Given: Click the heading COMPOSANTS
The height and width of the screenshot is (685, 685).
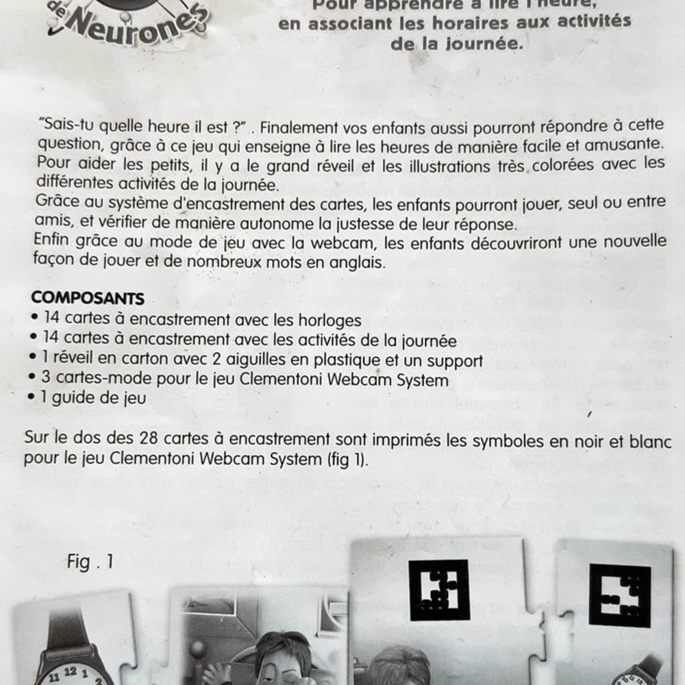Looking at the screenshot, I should [x=88, y=299].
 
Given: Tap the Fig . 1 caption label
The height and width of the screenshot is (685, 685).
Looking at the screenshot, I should [x=90, y=562].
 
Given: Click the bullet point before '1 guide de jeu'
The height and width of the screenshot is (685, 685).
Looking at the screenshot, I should [x=34, y=399].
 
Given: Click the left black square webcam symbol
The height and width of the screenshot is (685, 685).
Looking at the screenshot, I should [x=438, y=590].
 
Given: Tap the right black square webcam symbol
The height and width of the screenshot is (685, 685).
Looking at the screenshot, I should [x=620, y=595].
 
